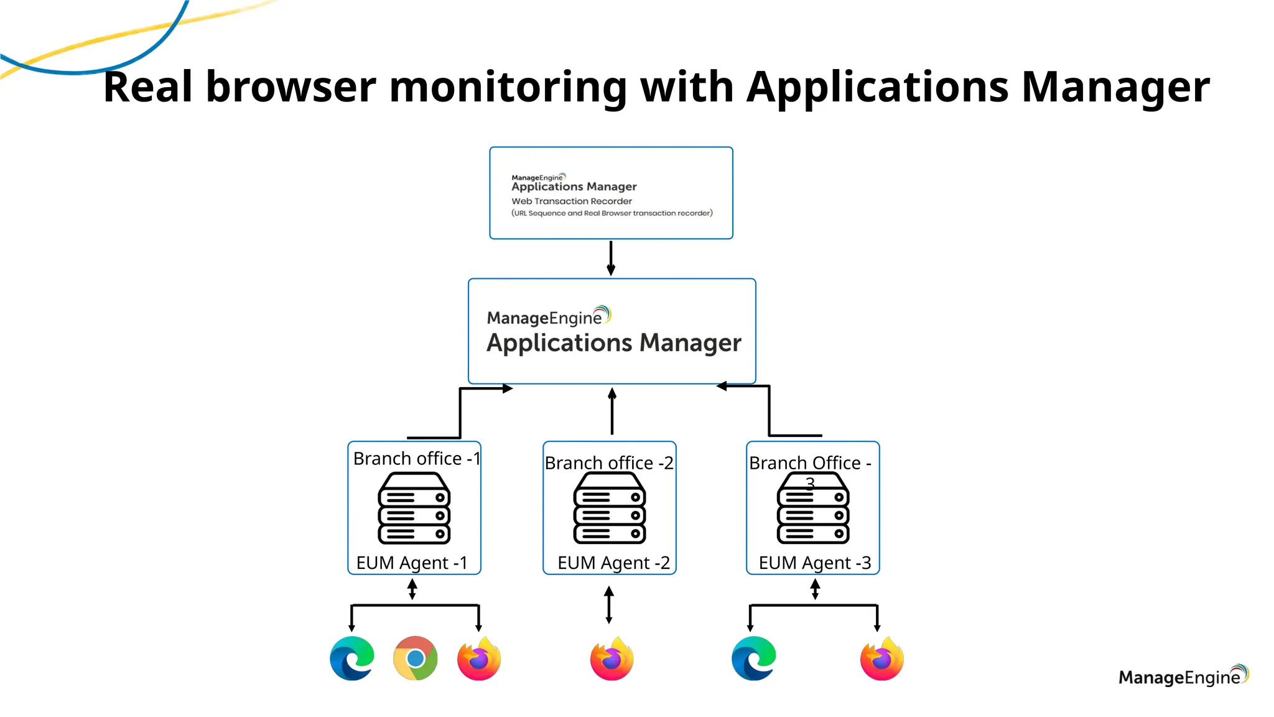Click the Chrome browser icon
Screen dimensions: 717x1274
(x=416, y=658)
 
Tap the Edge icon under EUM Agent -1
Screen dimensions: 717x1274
(x=352, y=658)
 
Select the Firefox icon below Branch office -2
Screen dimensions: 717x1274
(x=611, y=658)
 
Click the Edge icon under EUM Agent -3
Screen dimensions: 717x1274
(x=754, y=658)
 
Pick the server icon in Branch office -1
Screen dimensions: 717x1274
(x=414, y=508)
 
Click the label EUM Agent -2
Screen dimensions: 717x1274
(x=613, y=563)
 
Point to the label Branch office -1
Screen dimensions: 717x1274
(x=416, y=459)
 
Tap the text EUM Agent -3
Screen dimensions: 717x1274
(x=814, y=563)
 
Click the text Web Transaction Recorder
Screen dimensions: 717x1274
(x=571, y=201)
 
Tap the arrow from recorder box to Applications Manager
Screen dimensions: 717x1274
(x=611, y=258)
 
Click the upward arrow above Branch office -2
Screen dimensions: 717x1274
(x=612, y=411)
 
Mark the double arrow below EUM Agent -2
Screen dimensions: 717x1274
(x=609, y=604)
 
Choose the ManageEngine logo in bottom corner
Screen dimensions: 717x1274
(x=1183, y=676)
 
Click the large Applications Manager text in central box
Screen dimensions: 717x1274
(x=613, y=343)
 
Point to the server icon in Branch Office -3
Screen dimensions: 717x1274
(x=813, y=509)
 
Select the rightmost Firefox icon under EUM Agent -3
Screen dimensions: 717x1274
(x=881, y=658)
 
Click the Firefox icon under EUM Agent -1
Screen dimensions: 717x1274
(x=479, y=658)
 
